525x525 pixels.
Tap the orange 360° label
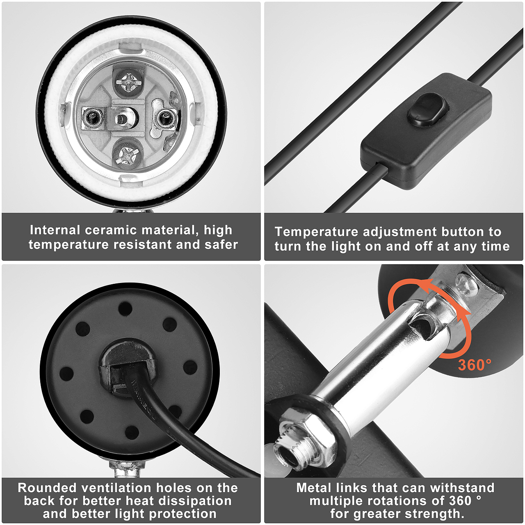(x=475, y=365)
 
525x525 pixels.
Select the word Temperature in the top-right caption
(x=316, y=232)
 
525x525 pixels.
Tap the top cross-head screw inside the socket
(x=128, y=81)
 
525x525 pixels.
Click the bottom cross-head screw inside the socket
(x=128, y=156)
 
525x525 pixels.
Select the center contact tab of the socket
(x=122, y=119)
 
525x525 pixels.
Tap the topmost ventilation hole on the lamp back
(x=125, y=308)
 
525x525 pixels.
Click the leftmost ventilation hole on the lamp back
(x=66, y=374)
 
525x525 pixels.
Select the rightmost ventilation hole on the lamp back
(x=190, y=367)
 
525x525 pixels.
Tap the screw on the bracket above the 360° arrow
(x=467, y=285)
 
